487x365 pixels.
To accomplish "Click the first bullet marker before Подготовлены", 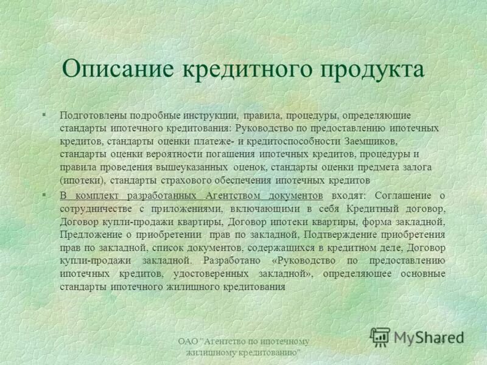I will tap(44, 114).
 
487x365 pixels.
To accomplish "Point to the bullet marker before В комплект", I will tap(44, 195).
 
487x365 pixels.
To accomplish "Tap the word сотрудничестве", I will tap(97, 209).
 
